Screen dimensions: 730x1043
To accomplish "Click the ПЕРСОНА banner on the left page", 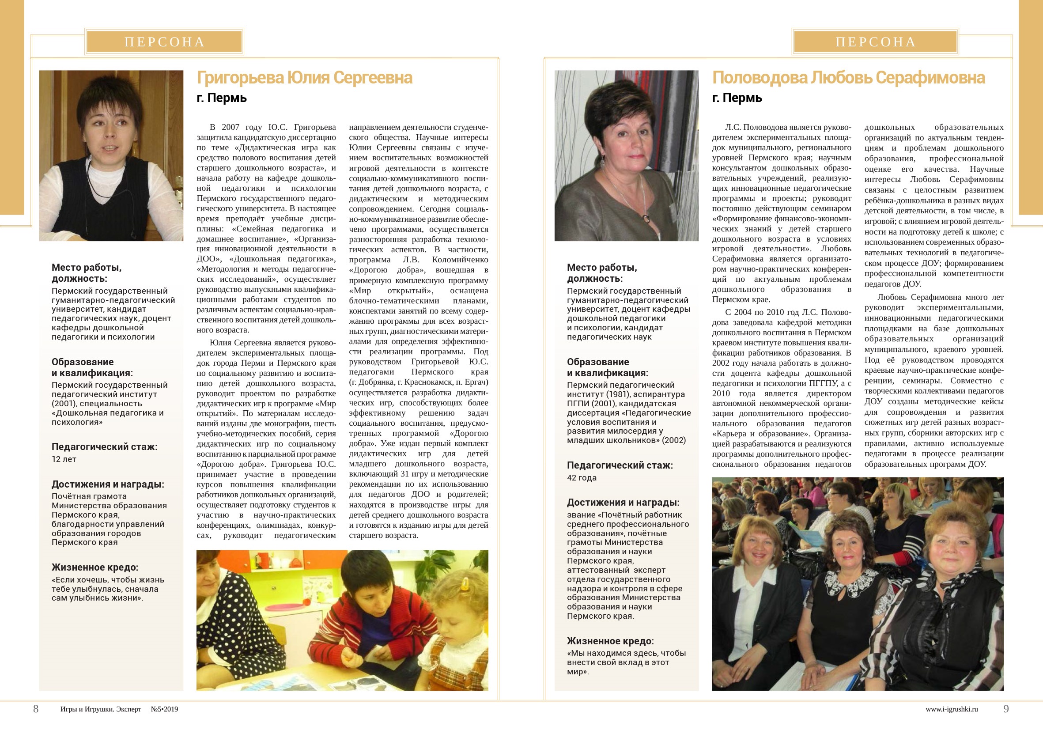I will tap(164, 42).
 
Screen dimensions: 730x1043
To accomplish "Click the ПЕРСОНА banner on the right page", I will tap(875, 42).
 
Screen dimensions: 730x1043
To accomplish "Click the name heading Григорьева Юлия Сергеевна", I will tap(304, 78).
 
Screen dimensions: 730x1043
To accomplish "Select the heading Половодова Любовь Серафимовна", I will tap(848, 78).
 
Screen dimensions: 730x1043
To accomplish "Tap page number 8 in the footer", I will tap(36, 709).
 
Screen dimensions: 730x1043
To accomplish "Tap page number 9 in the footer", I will tap(1006, 709).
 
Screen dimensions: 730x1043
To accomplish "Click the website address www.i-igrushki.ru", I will tap(951, 709).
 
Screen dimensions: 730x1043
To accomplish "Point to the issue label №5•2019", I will tap(164, 709).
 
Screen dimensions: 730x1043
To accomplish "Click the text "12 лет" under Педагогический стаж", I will tap(64, 459).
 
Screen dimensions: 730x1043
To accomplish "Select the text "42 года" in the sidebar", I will tap(582, 478).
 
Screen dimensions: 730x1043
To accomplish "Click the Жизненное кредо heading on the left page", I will tap(95, 567).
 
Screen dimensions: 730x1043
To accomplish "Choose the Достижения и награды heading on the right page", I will tap(623, 503).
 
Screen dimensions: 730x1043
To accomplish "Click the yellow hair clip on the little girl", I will tap(465, 584).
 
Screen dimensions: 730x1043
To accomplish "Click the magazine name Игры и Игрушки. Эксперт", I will tap(100, 709).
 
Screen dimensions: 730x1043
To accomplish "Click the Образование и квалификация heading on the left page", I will tap(92, 367).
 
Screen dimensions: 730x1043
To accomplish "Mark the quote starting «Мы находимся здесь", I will tap(626, 662).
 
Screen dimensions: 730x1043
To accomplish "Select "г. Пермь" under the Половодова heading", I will tap(737, 98).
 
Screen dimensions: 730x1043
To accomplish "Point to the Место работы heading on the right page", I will tap(602, 273).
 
